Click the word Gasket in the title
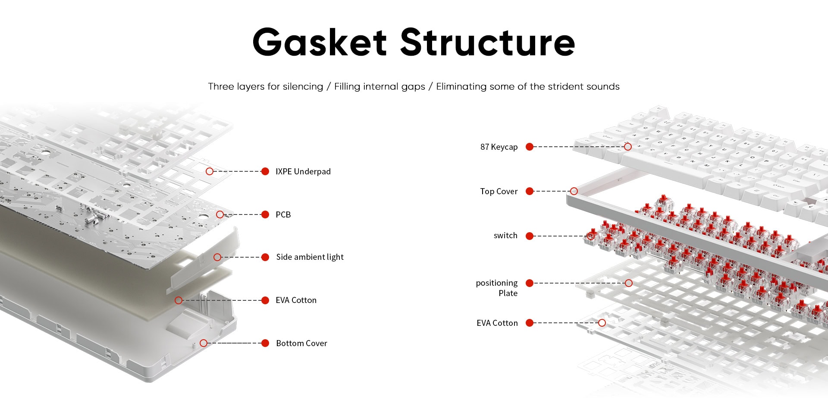click(320, 42)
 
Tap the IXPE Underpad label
click(303, 172)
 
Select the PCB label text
click(283, 215)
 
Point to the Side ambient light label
click(310, 257)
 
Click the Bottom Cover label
click(301, 344)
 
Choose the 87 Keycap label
click(499, 147)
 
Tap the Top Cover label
click(499, 192)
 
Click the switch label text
click(505, 236)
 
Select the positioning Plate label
click(497, 288)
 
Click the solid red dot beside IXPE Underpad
click(265, 171)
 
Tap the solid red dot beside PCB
click(265, 214)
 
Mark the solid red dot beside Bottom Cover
click(265, 343)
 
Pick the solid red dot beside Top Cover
click(530, 191)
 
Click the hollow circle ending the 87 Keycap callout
click(628, 147)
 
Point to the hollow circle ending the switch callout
click(591, 236)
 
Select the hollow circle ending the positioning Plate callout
click(629, 283)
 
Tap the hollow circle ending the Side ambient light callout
click(217, 257)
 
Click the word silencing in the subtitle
click(303, 87)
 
